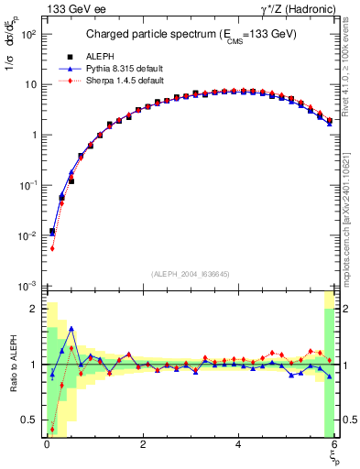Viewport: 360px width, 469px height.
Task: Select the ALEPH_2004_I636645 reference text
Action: pyautogui.click(x=190, y=274)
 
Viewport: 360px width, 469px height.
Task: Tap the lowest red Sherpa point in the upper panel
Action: pyautogui.click(x=52, y=248)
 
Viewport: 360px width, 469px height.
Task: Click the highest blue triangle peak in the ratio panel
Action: pyautogui.click(x=71, y=328)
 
